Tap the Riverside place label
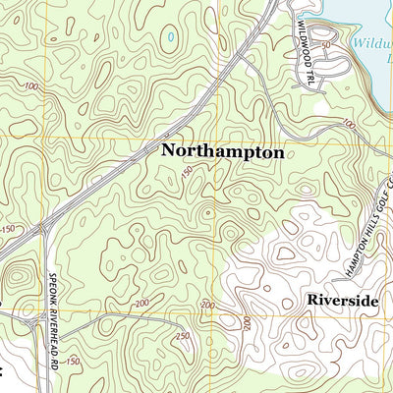(x=341, y=300)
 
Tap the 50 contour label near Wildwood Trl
(x=350, y=45)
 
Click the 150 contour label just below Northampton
(x=186, y=174)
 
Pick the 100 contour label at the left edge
(x=33, y=86)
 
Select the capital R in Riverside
(x=310, y=300)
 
